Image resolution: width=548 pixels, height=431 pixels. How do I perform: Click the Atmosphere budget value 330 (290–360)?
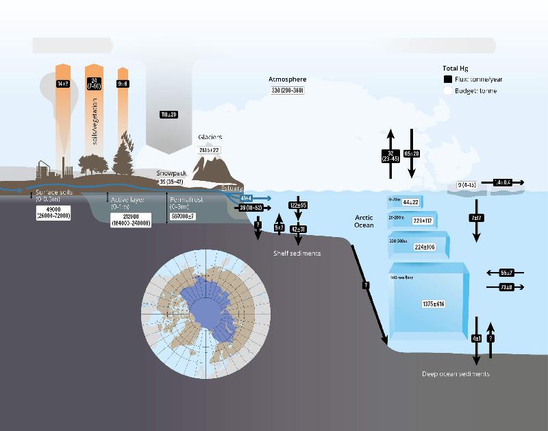[x=288, y=90]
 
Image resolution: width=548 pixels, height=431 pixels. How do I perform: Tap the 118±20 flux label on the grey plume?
[x=169, y=114]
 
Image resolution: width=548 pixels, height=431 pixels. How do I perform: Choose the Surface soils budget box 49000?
[x=51, y=212]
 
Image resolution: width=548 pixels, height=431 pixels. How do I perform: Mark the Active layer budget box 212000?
[x=130, y=219]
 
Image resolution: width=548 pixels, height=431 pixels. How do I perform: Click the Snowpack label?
[x=171, y=173]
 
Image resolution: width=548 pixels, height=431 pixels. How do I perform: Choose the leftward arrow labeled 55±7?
[x=506, y=273]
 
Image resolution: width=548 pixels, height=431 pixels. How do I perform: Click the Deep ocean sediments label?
[x=456, y=374]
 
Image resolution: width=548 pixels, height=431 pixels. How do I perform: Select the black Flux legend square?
[x=448, y=80]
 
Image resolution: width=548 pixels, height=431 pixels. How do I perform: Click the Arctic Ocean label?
[x=364, y=221]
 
